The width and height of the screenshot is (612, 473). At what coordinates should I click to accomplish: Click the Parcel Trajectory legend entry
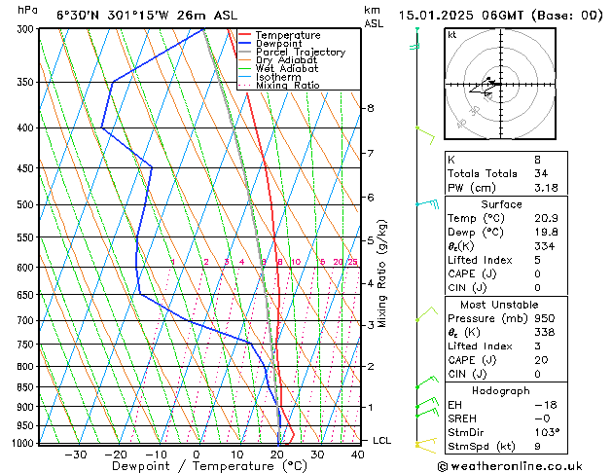coord(300,53)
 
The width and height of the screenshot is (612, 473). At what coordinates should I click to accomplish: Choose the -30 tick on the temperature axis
coord(75,455)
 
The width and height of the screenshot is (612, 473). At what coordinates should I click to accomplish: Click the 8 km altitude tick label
coord(371,108)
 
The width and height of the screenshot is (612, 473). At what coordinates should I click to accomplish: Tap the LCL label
coord(382,441)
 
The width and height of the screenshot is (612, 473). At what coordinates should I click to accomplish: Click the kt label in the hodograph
coord(452,35)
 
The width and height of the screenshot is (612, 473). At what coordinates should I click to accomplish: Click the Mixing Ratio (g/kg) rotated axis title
coord(382,273)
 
